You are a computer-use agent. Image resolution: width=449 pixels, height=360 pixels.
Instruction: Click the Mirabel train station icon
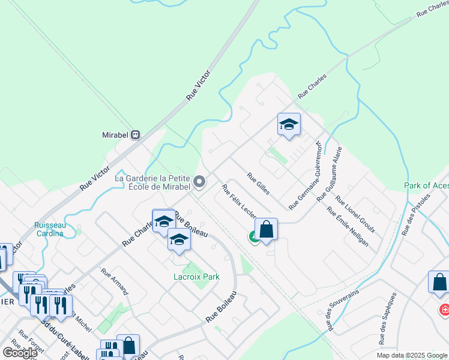(136, 134)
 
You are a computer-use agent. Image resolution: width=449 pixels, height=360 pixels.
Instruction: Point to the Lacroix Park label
(196, 277)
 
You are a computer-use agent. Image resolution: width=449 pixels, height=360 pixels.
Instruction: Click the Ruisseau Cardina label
(49, 229)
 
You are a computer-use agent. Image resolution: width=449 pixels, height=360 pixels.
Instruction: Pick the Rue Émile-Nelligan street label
(346, 227)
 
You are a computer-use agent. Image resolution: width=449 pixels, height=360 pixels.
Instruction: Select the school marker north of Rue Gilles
(289, 125)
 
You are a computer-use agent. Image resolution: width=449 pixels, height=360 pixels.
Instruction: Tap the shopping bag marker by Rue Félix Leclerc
(266, 229)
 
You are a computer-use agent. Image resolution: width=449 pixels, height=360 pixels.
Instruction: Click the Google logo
(20, 352)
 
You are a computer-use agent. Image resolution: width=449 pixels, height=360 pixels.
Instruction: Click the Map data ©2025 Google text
(411, 355)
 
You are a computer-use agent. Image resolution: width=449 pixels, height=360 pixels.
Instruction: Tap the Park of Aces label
(426, 186)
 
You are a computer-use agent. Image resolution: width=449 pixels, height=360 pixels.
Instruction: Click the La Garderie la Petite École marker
(199, 181)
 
